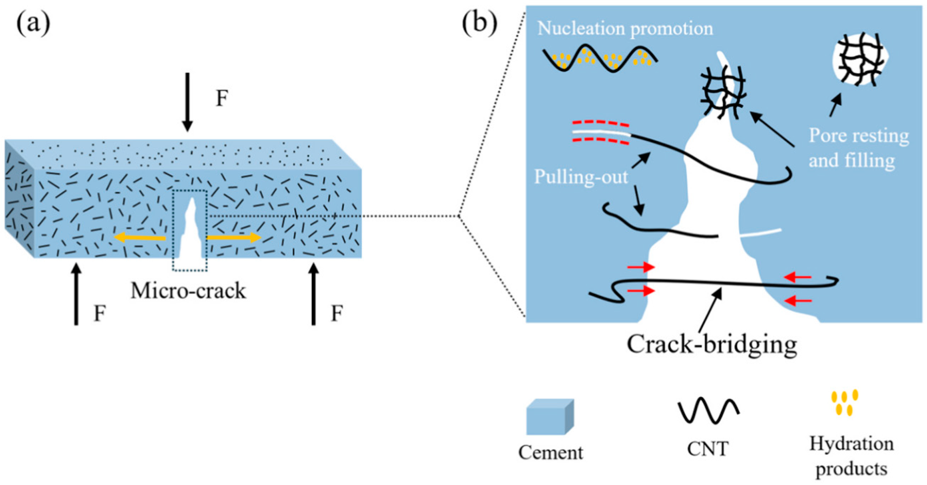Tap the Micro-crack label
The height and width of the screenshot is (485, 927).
[x=188, y=291]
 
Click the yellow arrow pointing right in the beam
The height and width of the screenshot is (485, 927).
[x=234, y=238]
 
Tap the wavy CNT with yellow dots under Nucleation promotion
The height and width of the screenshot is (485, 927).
[x=600, y=59]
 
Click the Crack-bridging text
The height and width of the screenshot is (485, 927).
[x=712, y=344]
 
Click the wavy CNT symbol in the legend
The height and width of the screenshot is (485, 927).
[x=708, y=410]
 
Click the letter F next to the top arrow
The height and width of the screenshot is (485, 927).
[x=222, y=98]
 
